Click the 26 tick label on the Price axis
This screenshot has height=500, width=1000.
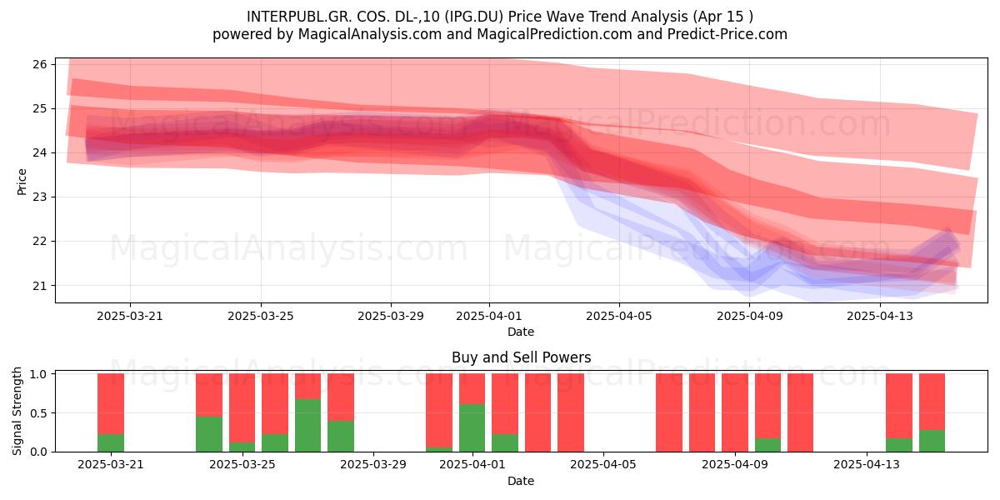[x=39, y=64]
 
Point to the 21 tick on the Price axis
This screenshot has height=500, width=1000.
[x=39, y=286]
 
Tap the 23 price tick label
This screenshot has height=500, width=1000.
[x=39, y=197]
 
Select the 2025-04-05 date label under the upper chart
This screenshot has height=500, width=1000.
[x=618, y=316]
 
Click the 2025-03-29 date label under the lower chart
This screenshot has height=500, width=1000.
[x=373, y=464]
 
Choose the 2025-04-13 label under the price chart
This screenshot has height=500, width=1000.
[x=880, y=316]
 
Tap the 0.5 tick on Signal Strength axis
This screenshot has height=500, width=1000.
[x=38, y=413]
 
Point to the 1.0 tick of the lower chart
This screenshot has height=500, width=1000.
[x=38, y=374]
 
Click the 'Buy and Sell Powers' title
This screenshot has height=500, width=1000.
[x=521, y=357]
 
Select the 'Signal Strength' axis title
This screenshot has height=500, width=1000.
[x=17, y=411]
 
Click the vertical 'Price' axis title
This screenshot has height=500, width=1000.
[x=22, y=182]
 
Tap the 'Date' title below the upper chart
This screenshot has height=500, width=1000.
[x=521, y=332]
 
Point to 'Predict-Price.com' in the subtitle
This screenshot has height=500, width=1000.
[x=727, y=34]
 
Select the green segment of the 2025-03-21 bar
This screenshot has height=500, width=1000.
[x=111, y=442]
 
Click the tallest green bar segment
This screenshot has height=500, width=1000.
[x=307, y=426]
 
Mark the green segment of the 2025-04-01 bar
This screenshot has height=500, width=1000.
[x=472, y=428]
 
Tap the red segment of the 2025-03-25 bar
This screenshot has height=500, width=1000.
[x=242, y=408]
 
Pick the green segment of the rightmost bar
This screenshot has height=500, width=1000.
[x=932, y=441]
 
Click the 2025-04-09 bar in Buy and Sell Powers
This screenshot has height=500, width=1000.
[x=735, y=413]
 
